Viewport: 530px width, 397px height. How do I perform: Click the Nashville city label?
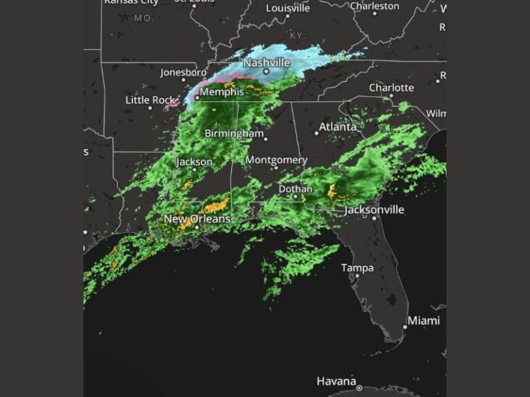tap(266, 63)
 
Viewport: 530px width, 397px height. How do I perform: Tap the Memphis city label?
tap(222, 92)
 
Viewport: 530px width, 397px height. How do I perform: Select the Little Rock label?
tap(150, 100)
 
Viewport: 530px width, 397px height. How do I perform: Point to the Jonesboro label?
tap(184, 72)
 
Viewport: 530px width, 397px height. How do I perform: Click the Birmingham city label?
tap(234, 134)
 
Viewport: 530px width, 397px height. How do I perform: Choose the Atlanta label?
tap(337, 127)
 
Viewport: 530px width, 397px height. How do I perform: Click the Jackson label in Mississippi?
tap(195, 162)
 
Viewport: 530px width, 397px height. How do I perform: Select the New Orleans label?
tap(197, 219)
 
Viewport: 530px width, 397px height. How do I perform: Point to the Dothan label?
tap(295, 189)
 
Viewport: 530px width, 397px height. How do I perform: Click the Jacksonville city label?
tap(373, 210)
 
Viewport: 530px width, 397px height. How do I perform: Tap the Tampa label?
tap(357, 268)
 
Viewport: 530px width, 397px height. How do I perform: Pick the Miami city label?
tap(423, 320)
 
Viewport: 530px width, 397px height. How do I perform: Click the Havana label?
tap(336, 380)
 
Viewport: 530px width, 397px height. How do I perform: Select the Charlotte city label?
tap(391, 88)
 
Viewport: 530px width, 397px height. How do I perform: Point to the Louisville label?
tap(288, 8)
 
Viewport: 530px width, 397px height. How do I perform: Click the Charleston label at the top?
tap(374, 6)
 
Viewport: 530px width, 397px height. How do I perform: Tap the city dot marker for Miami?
tap(405, 327)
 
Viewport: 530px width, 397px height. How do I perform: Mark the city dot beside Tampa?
tap(356, 276)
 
